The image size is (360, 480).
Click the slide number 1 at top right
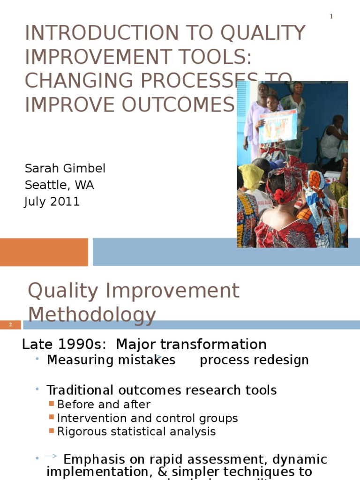click(331, 17)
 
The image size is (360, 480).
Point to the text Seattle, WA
click(59, 185)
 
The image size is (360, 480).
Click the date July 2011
click(52, 202)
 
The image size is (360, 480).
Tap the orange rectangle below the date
click(44, 252)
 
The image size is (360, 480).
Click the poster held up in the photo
click(278, 126)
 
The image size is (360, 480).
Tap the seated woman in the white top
click(334, 141)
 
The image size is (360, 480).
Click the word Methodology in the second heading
click(92, 315)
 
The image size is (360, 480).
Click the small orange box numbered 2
click(10, 325)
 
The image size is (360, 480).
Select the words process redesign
click(254, 360)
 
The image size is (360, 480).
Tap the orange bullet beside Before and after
click(52, 404)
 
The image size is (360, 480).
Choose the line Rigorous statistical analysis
click(136, 432)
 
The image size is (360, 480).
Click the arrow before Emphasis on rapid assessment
click(51, 456)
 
